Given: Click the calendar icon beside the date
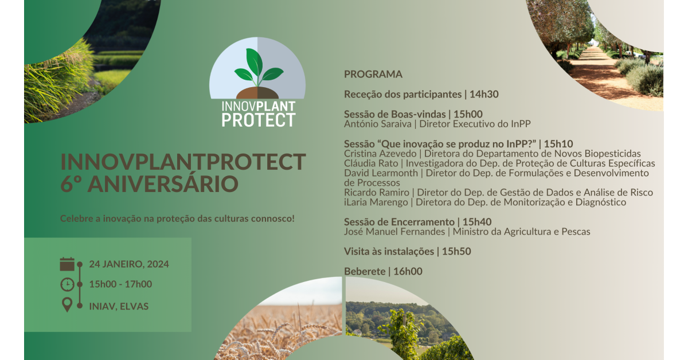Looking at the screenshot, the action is point(67,264).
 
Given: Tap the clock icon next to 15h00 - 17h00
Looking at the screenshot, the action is point(67,284).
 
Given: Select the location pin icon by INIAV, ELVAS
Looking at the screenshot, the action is point(67,305).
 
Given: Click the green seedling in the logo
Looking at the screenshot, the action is point(259,68).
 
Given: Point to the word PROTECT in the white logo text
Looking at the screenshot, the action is point(259,120).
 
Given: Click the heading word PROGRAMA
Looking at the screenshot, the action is point(373,75).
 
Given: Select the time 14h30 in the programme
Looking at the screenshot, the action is point(484,95).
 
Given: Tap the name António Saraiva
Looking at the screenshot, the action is point(378,124).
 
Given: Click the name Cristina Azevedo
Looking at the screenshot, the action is point(380,154).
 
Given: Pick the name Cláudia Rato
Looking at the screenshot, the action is point(371,163).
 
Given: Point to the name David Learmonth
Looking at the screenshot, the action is point(381,173).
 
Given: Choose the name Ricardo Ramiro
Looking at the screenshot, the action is point(377,193).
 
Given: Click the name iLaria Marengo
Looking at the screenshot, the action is point(376,202).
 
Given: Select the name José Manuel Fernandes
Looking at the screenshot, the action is point(394,232).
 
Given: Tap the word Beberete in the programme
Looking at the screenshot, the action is point(365,272).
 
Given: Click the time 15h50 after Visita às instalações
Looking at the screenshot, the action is point(456,252).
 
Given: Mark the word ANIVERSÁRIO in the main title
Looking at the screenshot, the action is point(163,183).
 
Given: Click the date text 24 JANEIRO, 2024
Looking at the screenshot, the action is point(129,264).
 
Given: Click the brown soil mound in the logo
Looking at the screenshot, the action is point(257,93).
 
